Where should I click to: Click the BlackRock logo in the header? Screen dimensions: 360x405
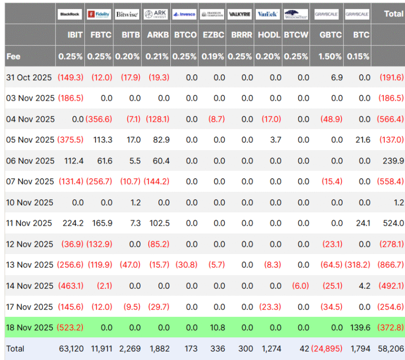pyautogui.click(x=70, y=14)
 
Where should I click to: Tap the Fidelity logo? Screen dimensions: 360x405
pyautogui.click(x=99, y=14)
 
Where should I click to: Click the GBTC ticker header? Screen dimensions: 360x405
pyautogui.click(x=331, y=35)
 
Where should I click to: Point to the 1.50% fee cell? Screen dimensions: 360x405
pyautogui.click(x=331, y=56)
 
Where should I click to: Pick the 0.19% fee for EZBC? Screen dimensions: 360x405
pyautogui.click(x=213, y=56)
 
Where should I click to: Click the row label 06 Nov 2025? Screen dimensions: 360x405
pyautogui.click(x=30, y=161)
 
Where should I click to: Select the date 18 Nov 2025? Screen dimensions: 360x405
pyautogui.click(x=30, y=327)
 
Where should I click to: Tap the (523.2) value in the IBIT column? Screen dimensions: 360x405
pyautogui.click(x=71, y=327)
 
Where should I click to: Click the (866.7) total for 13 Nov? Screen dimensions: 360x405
pyautogui.click(x=391, y=265)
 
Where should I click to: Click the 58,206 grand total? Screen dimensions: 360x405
pyautogui.click(x=391, y=348)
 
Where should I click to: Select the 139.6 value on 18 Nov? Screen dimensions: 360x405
pyautogui.click(x=361, y=327)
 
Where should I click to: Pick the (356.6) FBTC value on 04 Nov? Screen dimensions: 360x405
pyautogui.click(x=99, y=119)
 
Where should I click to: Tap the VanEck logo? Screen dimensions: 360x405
pyautogui.click(x=267, y=14)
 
